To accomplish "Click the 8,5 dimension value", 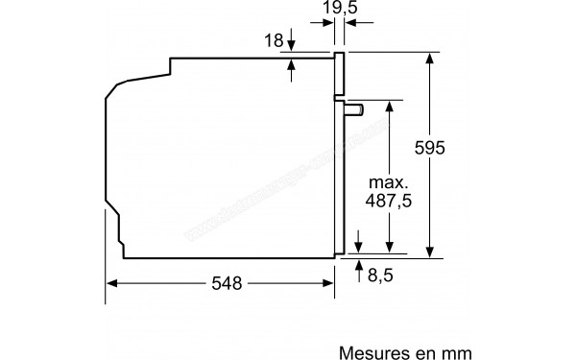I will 381,276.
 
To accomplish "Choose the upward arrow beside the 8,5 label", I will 359,264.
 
